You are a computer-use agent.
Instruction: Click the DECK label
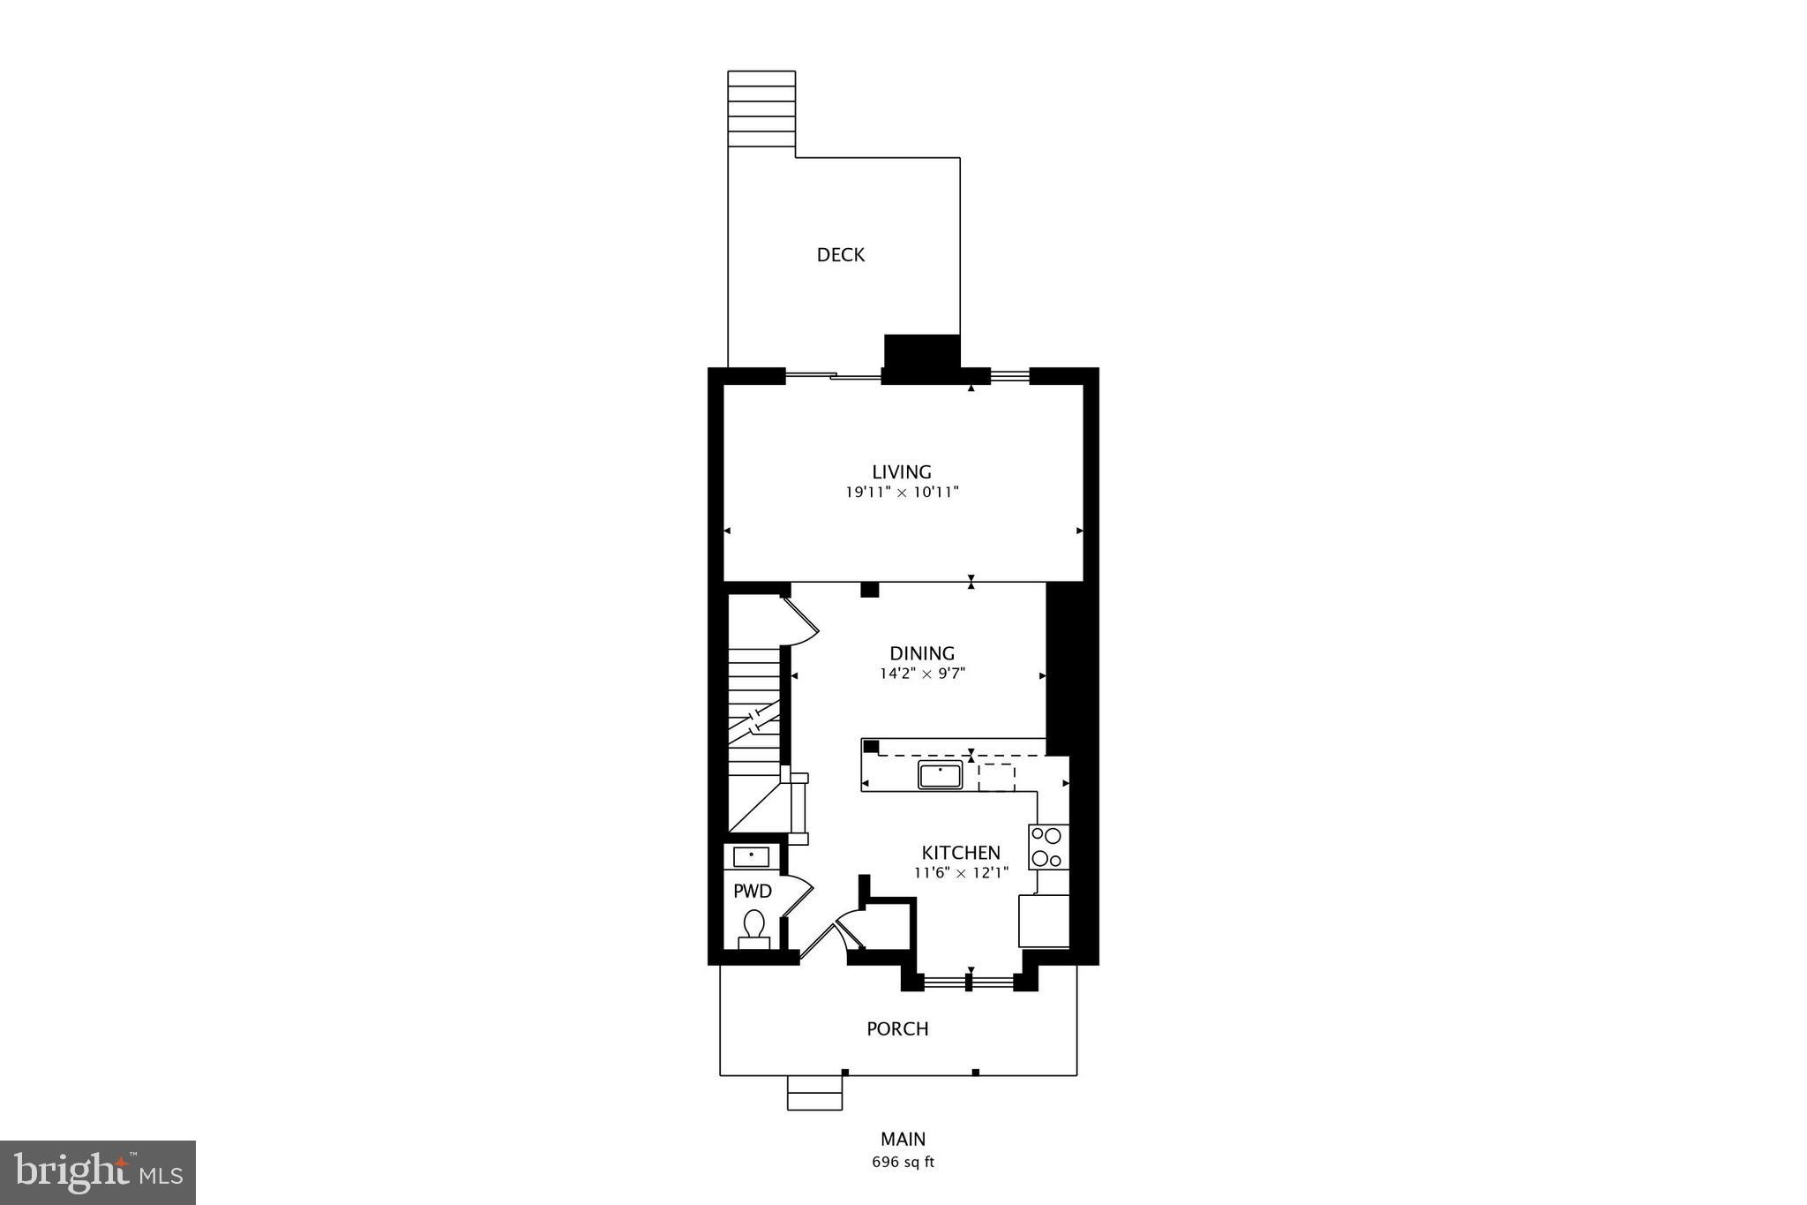click(840, 255)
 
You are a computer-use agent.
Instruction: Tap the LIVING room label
click(902, 472)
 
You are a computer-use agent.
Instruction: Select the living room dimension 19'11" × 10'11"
click(902, 493)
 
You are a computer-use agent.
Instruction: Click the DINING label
click(922, 654)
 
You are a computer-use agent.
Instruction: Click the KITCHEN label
click(961, 853)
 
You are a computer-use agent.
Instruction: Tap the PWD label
click(753, 892)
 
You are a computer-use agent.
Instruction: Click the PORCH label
click(897, 1029)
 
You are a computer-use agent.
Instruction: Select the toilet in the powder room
click(754, 928)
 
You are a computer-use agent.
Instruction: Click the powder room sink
click(751, 856)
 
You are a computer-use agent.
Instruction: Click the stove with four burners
click(1048, 847)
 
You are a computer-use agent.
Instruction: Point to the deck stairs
click(761, 109)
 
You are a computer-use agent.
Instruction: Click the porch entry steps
click(814, 1093)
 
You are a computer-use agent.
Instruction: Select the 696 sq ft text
click(903, 1163)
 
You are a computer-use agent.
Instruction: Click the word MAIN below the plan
click(903, 1140)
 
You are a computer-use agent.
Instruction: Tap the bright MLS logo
click(98, 1172)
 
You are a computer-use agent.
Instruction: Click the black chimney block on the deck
click(921, 352)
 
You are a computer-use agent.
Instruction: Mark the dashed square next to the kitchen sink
click(996, 778)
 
